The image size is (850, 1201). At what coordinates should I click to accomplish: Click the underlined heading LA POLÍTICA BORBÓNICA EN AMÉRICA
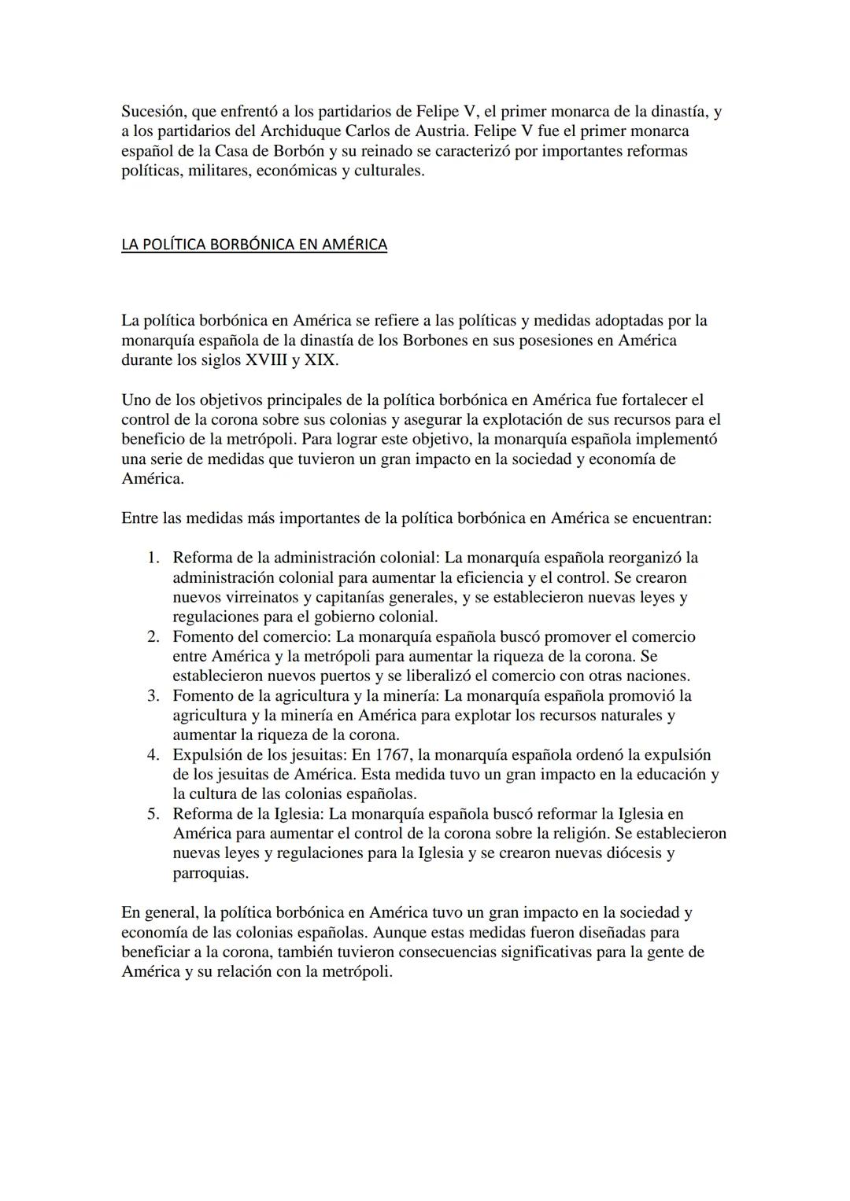[254, 244]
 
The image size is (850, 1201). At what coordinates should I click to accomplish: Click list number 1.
[153, 558]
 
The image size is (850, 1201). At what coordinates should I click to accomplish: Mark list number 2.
[153, 636]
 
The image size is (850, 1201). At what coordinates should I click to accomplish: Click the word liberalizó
[446, 676]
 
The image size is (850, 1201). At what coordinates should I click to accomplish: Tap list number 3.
[153, 695]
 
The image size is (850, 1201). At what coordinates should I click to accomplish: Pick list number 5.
[153, 813]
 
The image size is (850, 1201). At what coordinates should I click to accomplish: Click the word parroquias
[210, 872]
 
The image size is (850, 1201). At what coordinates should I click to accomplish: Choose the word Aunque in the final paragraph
[399, 932]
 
